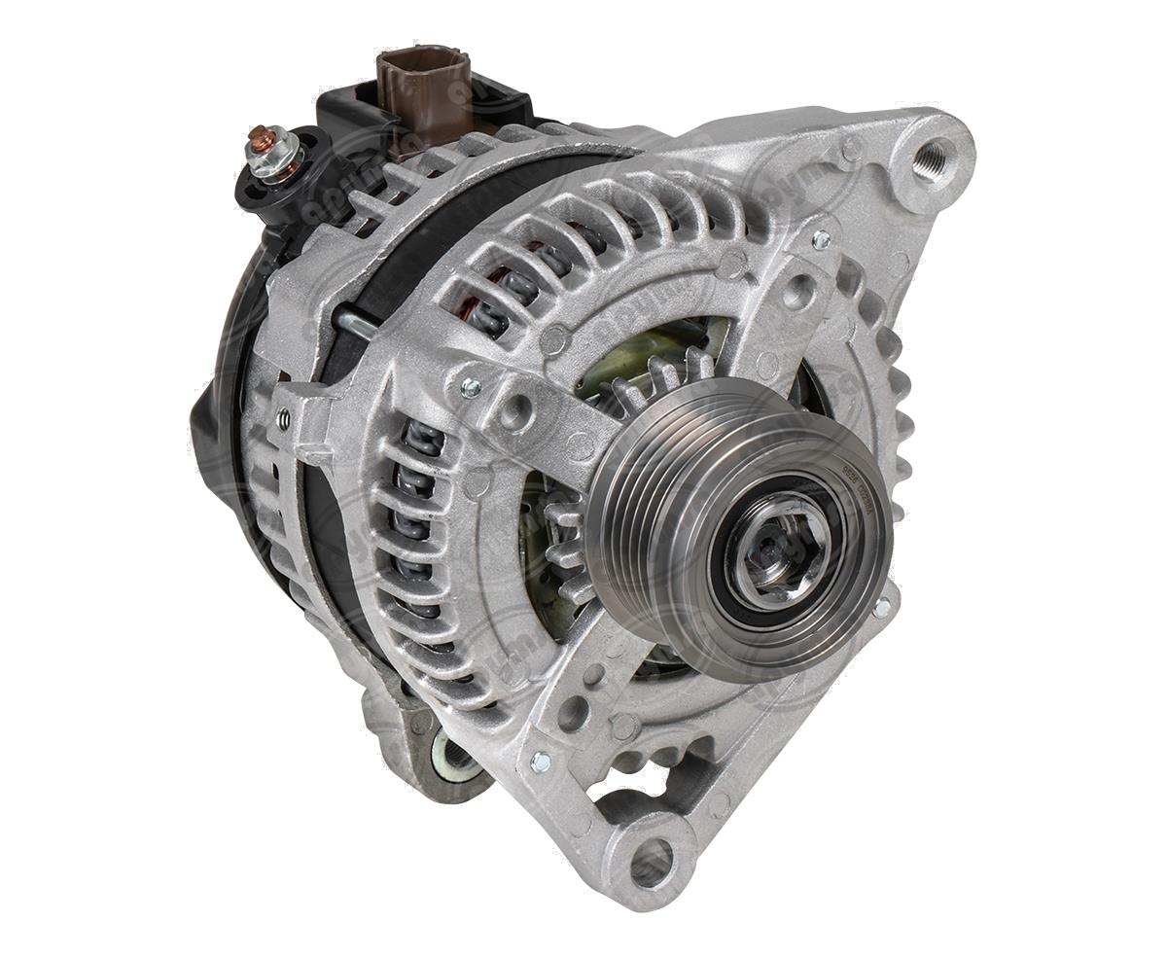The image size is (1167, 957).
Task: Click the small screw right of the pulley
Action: (881, 609)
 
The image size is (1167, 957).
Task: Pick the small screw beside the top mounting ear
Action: (820, 238)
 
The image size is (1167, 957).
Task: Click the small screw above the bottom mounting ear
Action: (541, 762)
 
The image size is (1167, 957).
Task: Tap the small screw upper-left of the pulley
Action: (471, 388)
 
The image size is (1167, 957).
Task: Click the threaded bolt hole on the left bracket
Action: (284, 419)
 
